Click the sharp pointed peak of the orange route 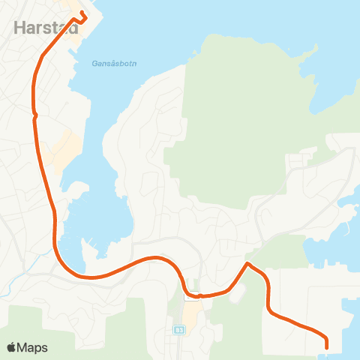[x=247, y=264]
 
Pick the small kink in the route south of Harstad [x=34, y=115]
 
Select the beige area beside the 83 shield [x=192, y=313]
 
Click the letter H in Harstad [x=19, y=28]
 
